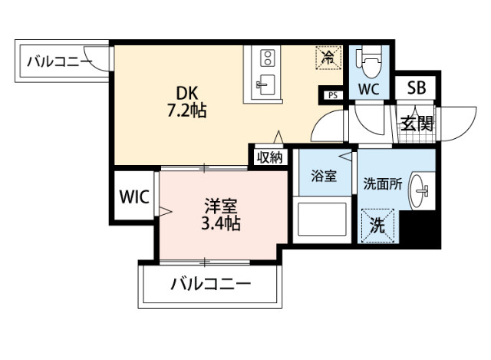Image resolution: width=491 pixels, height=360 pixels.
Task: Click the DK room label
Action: click(188, 93)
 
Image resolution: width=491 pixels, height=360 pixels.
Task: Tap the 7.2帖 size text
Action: click(188, 110)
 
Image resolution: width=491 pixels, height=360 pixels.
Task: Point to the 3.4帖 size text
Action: click(219, 224)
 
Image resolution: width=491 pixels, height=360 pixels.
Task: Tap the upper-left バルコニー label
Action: click(59, 60)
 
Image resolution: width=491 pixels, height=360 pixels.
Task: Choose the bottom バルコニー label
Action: click(209, 284)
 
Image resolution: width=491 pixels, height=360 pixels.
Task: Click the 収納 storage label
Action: click(269, 157)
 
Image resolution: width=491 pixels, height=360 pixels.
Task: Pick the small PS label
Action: click(331, 95)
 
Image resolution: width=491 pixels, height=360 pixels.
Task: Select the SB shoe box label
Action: click(416, 88)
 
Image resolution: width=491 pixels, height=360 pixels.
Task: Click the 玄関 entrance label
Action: click(417, 123)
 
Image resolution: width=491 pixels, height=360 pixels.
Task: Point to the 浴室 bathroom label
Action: click(324, 176)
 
